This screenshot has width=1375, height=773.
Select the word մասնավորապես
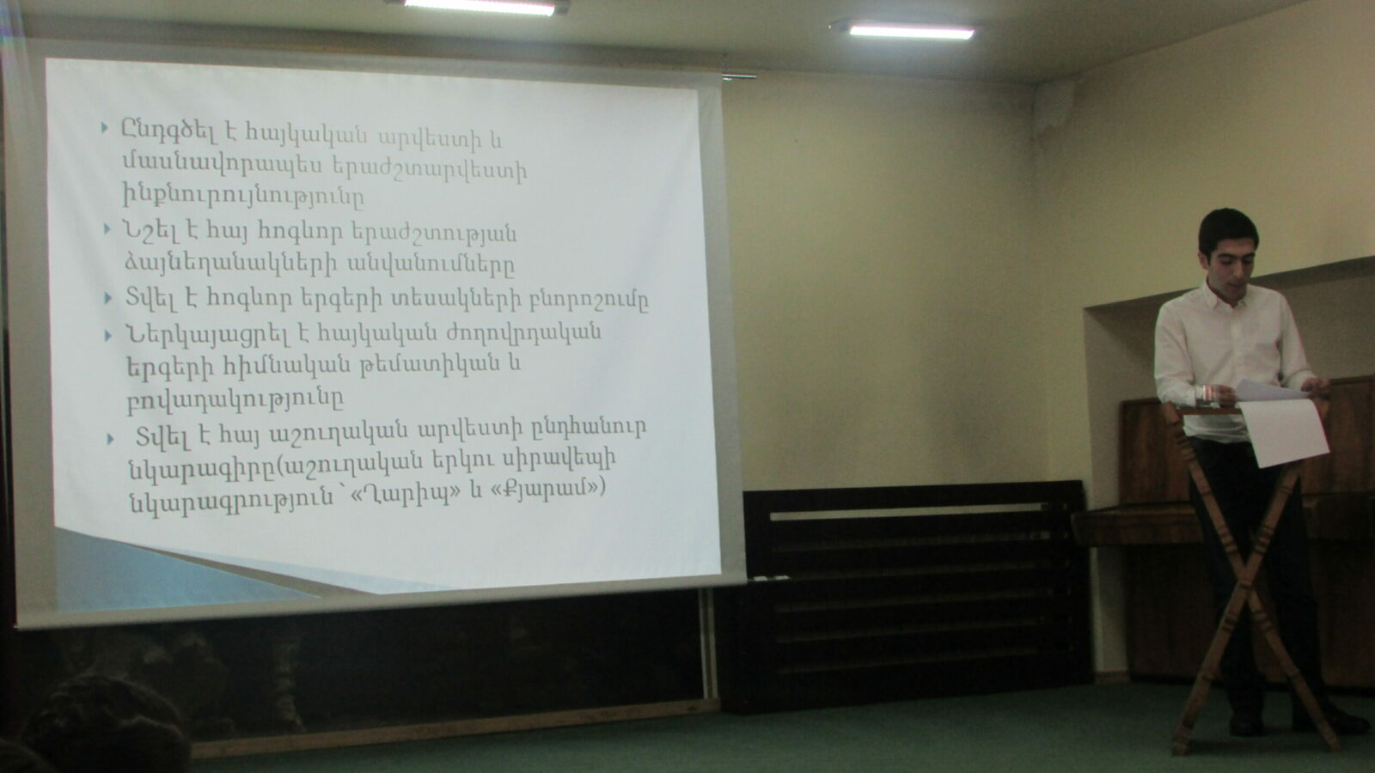tap(223, 165)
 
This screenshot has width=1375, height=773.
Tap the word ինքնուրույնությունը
tap(243, 196)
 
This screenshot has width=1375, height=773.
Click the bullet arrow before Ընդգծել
tap(104, 128)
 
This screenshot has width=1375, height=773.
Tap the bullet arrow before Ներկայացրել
tap(108, 336)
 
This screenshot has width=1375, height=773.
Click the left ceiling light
tap(480, 8)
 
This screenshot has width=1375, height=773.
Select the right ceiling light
tap(911, 31)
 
